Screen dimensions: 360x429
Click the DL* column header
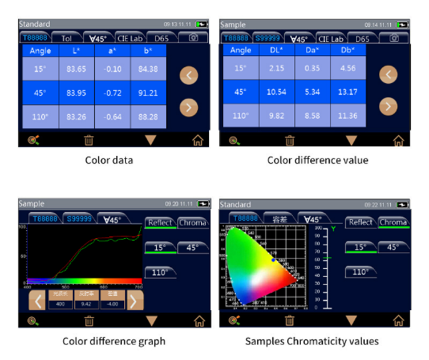click(277, 50)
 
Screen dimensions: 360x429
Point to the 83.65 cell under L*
click(76, 69)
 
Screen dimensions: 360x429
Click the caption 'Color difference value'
click(318, 160)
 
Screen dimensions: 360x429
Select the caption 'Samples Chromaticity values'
click(312, 341)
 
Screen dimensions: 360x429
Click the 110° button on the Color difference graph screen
click(160, 272)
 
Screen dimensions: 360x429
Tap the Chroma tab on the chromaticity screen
click(394, 223)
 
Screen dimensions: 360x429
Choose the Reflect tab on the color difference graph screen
click(160, 223)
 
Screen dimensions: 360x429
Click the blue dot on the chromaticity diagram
click(273, 260)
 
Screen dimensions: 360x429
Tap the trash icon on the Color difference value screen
click(290, 139)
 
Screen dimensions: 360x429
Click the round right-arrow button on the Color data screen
click(188, 106)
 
